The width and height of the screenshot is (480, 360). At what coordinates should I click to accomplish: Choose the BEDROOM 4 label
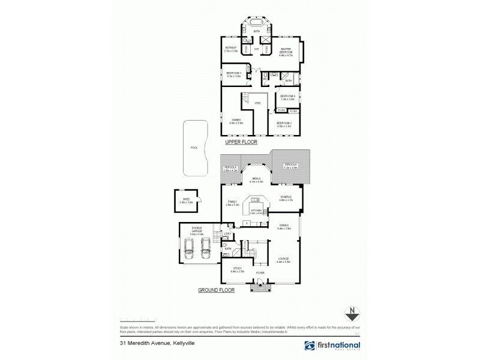pos(288,97)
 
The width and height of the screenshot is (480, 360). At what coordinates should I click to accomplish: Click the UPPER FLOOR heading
pos(241,143)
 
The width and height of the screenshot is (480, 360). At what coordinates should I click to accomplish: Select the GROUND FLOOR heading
pos(215,290)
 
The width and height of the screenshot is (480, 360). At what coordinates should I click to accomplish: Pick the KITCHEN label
pos(257,211)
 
